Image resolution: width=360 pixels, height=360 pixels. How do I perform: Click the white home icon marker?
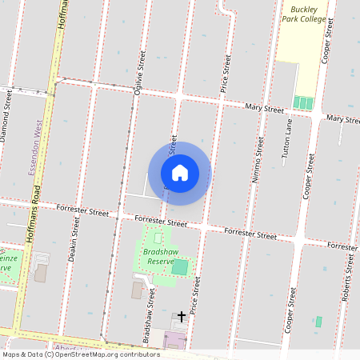(x=180, y=173)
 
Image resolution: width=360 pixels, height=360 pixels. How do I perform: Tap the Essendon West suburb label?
(x=36, y=144)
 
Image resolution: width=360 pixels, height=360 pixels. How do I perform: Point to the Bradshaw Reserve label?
(x=160, y=257)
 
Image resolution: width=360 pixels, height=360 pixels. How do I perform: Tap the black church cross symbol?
(x=182, y=317)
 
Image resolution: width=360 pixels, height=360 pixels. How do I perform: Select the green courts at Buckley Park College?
(x=303, y=103)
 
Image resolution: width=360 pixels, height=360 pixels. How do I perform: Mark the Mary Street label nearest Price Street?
(x=265, y=107)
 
